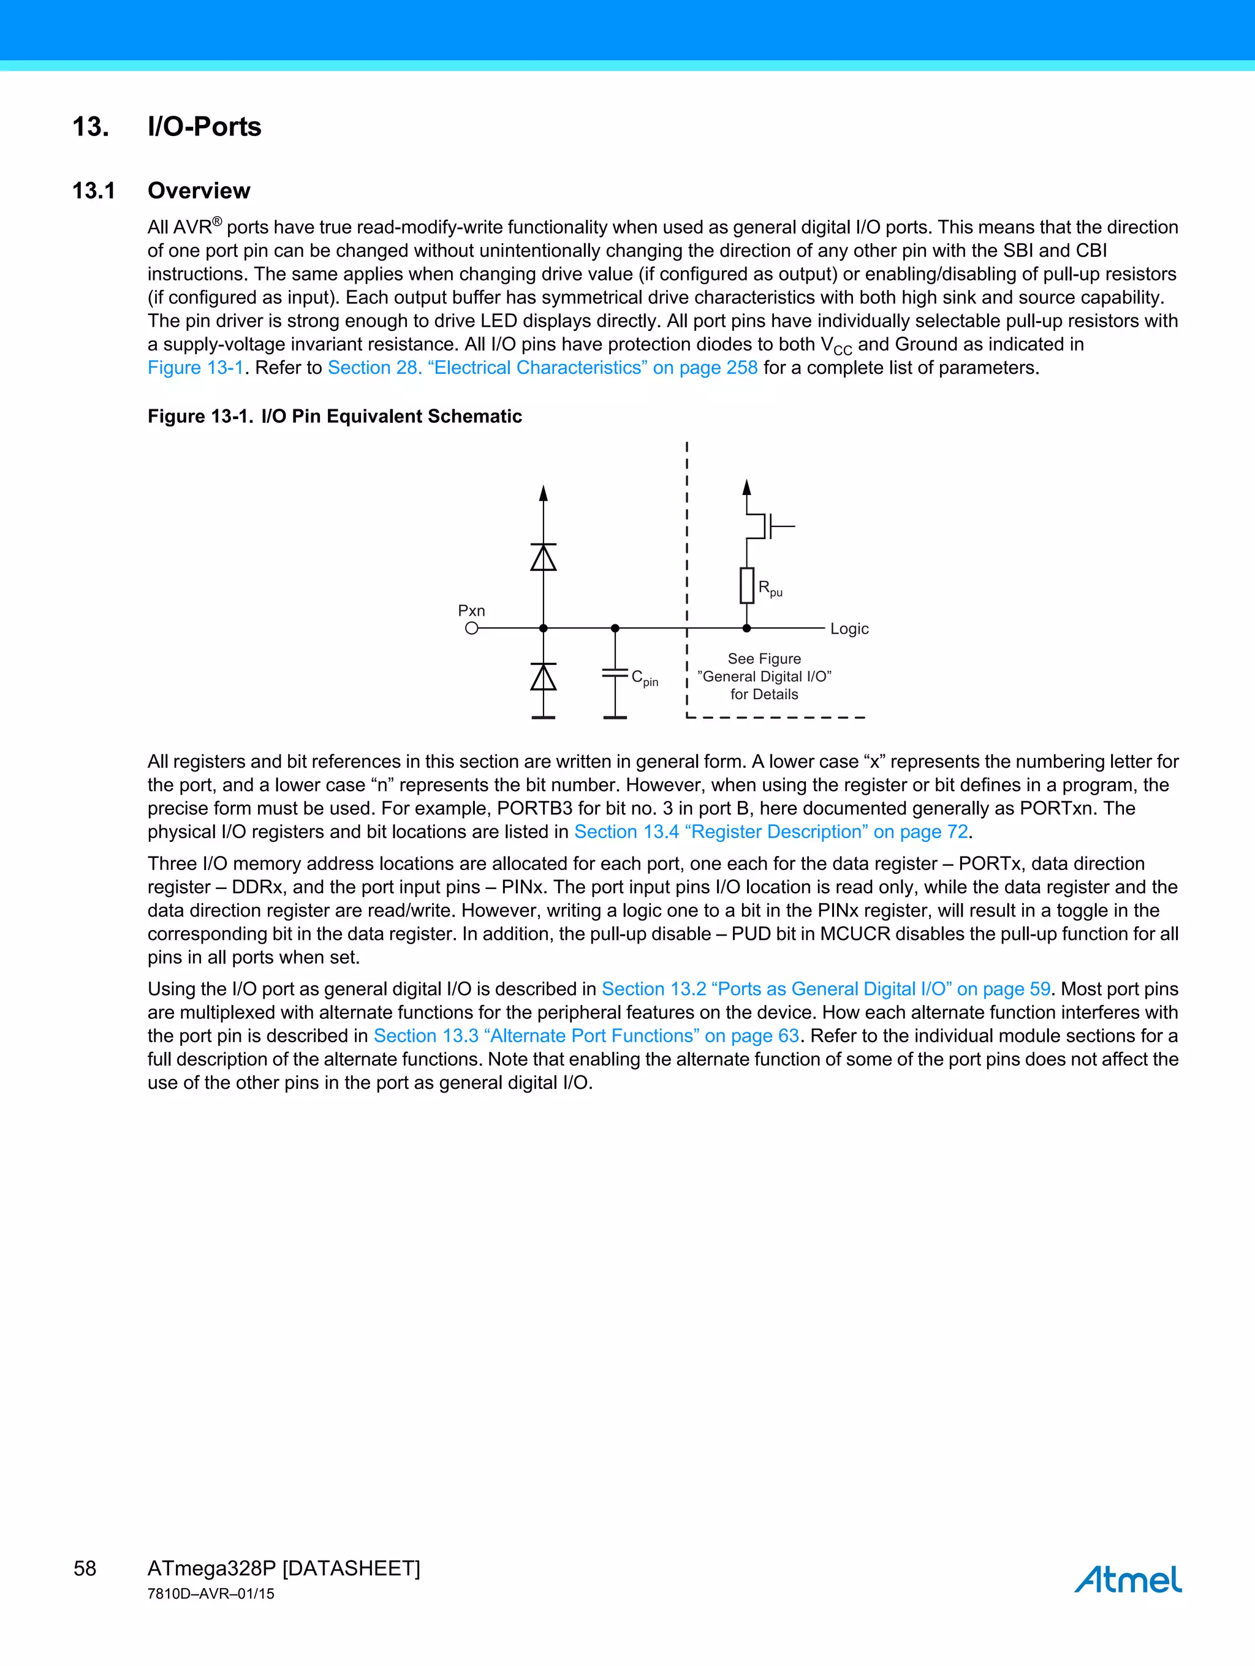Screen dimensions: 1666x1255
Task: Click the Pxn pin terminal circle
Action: point(472,628)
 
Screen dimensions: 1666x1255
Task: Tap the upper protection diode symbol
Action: point(543,558)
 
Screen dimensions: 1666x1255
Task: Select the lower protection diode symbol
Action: point(543,677)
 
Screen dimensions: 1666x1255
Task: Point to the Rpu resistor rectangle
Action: point(746,585)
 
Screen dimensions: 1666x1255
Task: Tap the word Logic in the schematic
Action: point(849,629)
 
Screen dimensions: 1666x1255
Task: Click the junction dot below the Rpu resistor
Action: point(746,628)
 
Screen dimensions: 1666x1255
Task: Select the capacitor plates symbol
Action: point(615,673)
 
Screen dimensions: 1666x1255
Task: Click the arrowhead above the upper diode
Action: point(543,494)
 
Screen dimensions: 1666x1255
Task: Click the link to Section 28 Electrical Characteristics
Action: point(542,368)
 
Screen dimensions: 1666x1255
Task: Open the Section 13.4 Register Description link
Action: point(771,831)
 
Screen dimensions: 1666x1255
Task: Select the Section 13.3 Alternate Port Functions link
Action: point(586,1036)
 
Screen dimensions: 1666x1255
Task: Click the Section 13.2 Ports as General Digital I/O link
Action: point(825,989)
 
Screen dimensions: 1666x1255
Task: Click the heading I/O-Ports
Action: point(204,127)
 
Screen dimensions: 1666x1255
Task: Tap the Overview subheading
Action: point(199,191)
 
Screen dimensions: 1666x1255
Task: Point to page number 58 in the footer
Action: point(85,1568)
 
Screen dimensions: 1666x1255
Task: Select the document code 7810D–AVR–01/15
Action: point(211,1594)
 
